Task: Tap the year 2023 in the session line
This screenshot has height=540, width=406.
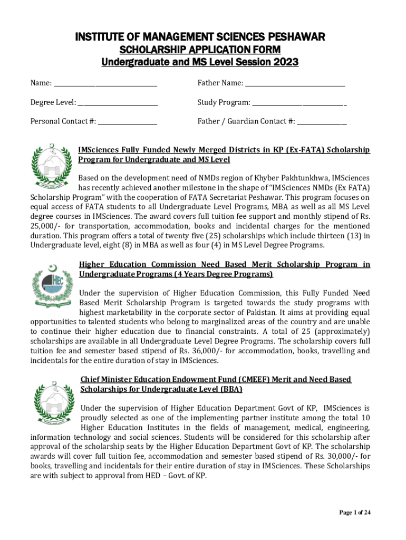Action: click(285, 62)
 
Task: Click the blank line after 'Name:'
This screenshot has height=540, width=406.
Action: click(105, 83)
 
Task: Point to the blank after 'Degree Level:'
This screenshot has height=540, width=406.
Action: click(118, 102)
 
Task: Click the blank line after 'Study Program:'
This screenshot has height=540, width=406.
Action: click(298, 102)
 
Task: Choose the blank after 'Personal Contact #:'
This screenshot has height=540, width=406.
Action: click(128, 121)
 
